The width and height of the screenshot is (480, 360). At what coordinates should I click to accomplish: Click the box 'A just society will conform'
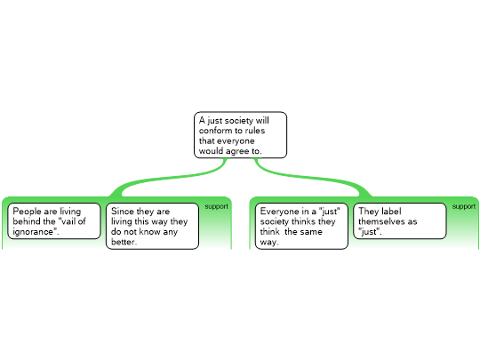pyautogui.click(x=240, y=135)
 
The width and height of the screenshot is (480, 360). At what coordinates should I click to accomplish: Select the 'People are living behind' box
pyautogui.click(x=54, y=221)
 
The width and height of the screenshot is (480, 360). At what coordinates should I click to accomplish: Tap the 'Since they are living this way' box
pyautogui.click(x=153, y=227)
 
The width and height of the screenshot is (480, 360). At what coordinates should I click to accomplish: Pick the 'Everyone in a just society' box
pyautogui.click(x=301, y=227)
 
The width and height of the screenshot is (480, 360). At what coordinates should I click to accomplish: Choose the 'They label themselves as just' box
pyautogui.click(x=400, y=221)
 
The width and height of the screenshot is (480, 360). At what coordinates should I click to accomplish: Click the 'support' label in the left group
pyautogui.click(x=216, y=206)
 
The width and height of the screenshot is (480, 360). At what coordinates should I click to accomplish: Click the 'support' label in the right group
pyautogui.click(x=464, y=206)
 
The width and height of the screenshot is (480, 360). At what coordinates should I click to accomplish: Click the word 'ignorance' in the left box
pyautogui.click(x=33, y=232)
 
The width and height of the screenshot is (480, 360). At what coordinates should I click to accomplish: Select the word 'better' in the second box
pyautogui.click(x=123, y=242)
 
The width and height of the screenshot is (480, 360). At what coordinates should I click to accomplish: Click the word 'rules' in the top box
pyautogui.click(x=255, y=131)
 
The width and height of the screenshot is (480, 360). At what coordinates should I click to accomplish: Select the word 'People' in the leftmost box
pyautogui.click(x=28, y=212)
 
